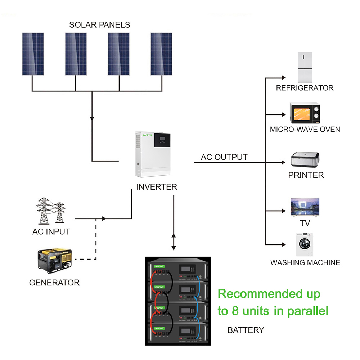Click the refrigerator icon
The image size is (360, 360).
click(305, 67)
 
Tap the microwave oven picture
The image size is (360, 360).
click(305, 113)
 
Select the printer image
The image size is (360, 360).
click(305, 159)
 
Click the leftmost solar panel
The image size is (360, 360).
click(33, 54)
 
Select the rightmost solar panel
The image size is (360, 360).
click(161, 54)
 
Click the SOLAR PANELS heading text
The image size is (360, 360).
click(99, 25)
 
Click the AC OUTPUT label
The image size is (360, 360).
click(224, 157)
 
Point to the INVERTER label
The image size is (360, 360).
click(157, 187)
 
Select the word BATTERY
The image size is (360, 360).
click(246, 330)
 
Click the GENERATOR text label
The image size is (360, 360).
click(54, 283)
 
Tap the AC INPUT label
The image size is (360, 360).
click(51, 232)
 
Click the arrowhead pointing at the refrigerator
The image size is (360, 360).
click(284, 77)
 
